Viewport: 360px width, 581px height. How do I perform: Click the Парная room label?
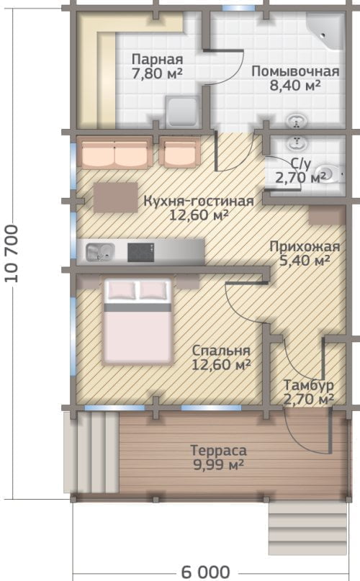click(158, 59)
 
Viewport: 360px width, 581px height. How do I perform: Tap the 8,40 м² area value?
click(295, 86)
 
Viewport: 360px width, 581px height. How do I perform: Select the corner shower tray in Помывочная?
click(326, 31)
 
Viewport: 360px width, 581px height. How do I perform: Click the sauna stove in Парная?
click(183, 112)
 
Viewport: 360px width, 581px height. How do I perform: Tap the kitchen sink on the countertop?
click(100, 252)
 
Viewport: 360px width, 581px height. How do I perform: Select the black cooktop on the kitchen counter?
click(141, 252)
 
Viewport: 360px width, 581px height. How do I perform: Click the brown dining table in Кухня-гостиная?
click(115, 197)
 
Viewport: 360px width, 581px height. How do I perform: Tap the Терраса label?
click(218, 450)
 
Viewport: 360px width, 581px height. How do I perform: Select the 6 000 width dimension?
click(206, 572)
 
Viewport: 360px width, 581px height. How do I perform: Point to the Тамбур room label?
click(308, 385)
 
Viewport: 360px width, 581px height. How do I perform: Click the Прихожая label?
click(305, 246)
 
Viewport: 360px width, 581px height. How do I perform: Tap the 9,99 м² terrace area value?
click(218, 464)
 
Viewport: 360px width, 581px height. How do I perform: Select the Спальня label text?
click(221, 351)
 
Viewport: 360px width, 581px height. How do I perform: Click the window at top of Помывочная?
click(239, 8)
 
